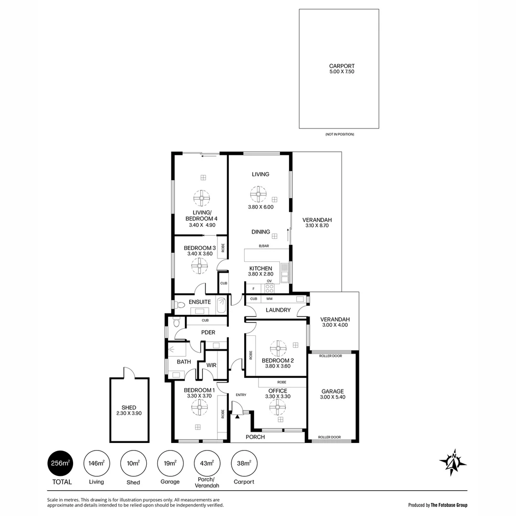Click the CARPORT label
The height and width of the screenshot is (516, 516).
[x=342, y=66]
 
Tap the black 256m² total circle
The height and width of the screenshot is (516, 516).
[x=60, y=463]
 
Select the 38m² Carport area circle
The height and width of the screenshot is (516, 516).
[x=244, y=463]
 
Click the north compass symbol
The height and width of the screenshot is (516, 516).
[x=453, y=462]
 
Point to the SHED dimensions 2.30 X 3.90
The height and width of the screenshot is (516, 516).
[x=129, y=413]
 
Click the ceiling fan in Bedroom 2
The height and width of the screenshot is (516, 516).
[x=278, y=348]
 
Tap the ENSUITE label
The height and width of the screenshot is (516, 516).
[x=200, y=302]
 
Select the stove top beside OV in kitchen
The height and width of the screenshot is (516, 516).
[x=269, y=288]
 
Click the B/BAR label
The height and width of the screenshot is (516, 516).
[x=264, y=246]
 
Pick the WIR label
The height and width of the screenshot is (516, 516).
[x=211, y=365]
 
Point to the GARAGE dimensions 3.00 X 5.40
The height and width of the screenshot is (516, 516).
[x=333, y=397]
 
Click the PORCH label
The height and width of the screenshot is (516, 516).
[x=255, y=437]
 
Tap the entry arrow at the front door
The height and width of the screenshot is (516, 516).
[x=237, y=416]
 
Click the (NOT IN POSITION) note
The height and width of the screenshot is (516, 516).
[x=340, y=134]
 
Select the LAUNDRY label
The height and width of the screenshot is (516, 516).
[x=278, y=310]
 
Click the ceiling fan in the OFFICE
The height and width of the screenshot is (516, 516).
[x=278, y=407]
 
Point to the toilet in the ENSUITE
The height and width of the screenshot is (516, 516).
[x=179, y=305]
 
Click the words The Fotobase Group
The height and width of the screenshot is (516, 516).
[x=449, y=505]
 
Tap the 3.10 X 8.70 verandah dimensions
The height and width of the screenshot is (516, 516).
[x=317, y=226]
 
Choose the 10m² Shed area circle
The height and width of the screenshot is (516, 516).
[x=133, y=463]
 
